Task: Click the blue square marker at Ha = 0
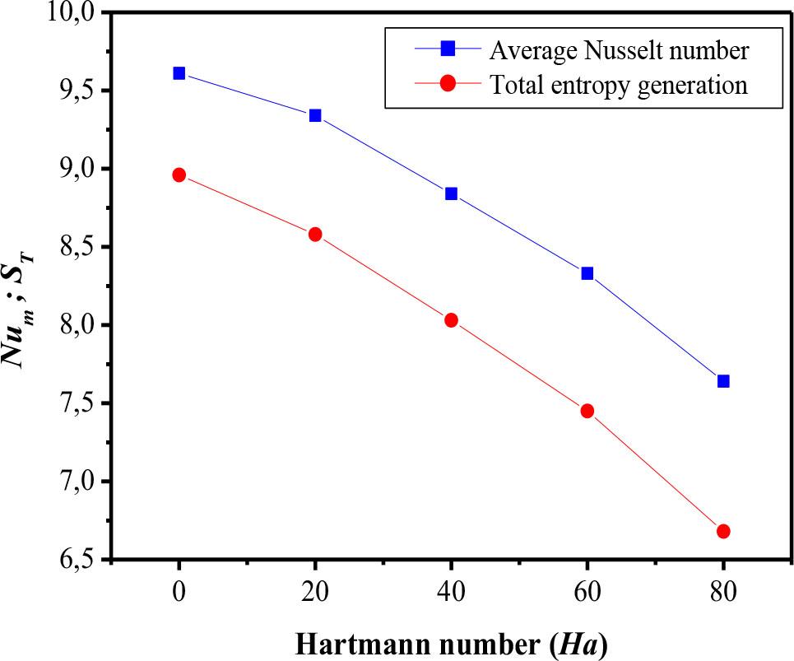[179, 73]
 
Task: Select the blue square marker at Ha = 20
[315, 115]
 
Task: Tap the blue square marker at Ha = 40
[451, 193]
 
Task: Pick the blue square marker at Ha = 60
[587, 273]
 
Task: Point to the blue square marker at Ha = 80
[723, 381]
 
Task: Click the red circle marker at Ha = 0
[179, 175]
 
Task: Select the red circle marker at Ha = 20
[315, 235]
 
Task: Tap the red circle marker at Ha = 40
[451, 320]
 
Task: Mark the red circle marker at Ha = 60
[587, 411]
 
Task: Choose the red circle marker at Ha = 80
[723, 531]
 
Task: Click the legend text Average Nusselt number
[619, 51]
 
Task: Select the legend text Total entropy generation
[618, 85]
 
